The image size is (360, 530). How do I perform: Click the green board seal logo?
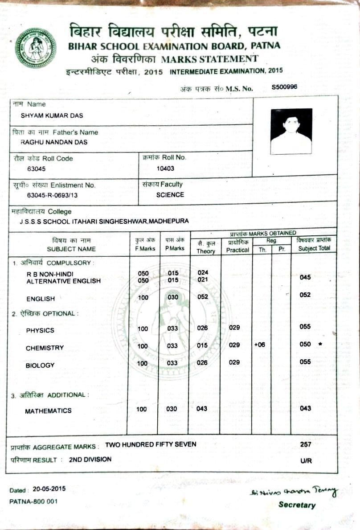(36, 48)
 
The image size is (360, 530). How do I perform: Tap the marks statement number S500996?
(284, 87)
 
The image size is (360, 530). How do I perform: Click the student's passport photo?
(291, 131)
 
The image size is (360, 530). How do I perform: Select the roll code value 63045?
(36, 169)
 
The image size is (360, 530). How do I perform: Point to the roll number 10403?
(165, 168)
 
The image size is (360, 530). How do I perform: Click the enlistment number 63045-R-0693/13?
(54, 195)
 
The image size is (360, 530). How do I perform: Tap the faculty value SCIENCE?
(170, 195)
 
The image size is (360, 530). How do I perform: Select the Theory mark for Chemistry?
(202, 345)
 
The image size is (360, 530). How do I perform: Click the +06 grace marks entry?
(260, 345)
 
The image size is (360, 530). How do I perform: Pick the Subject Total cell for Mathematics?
(305, 408)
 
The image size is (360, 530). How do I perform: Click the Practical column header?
(237, 251)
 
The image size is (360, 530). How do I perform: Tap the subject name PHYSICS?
(40, 330)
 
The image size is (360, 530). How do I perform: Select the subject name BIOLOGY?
(40, 366)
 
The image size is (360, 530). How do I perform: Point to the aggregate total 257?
(306, 444)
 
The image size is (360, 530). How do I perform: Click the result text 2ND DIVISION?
(90, 459)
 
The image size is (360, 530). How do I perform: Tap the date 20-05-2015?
(49, 489)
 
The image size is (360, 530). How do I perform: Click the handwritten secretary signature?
(294, 491)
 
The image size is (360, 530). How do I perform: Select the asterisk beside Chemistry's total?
(319, 345)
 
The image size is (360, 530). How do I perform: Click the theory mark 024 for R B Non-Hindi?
(203, 272)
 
